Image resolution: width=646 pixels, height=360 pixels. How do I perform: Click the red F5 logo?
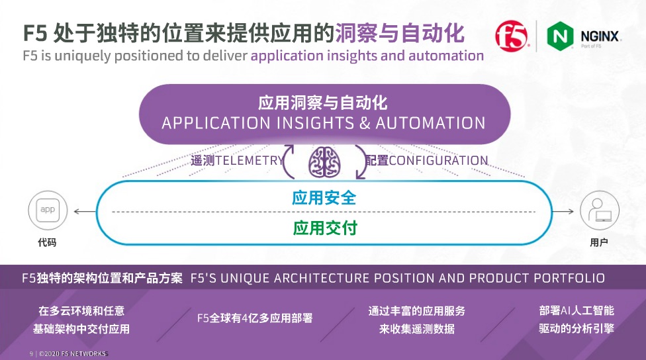click(x=512, y=36)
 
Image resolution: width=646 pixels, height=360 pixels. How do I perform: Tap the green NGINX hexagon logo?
click(x=559, y=37)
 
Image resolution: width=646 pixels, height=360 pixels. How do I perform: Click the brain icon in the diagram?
click(x=324, y=161)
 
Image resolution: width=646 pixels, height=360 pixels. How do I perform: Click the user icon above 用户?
click(x=598, y=211)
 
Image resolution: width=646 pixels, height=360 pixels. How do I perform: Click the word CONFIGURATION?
click(x=438, y=160)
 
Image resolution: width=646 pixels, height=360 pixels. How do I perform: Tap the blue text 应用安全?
click(x=324, y=198)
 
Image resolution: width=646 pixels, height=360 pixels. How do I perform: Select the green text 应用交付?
click(x=324, y=228)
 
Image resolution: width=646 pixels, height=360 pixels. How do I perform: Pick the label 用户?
click(x=598, y=243)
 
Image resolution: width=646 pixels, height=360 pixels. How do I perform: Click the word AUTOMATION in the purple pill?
click(x=430, y=123)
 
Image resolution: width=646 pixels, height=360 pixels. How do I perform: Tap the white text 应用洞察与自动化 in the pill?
click(x=323, y=103)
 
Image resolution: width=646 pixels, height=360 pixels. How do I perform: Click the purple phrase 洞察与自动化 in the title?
click(x=399, y=32)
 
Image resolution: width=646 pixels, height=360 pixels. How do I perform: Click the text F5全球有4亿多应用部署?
click(x=255, y=318)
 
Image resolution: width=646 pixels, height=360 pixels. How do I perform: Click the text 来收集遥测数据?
click(x=417, y=329)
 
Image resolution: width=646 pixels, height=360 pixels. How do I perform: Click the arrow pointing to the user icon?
click(x=563, y=212)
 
